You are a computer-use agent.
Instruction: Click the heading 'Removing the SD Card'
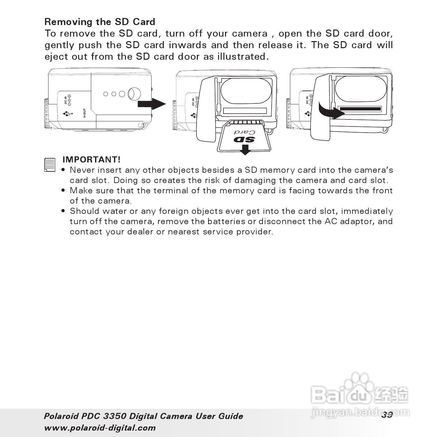(x=100, y=22)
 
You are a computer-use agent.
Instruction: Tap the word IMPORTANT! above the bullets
(x=92, y=160)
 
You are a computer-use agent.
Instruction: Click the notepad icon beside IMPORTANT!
(x=50, y=164)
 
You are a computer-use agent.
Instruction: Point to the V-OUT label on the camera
(x=84, y=113)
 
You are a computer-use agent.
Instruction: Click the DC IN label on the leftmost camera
(x=66, y=100)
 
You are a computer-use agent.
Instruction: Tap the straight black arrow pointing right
(x=152, y=104)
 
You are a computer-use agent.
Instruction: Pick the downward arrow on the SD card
(x=245, y=149)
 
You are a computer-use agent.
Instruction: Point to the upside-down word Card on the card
(x=245, y=132)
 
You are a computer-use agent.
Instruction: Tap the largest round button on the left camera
(x=134, y=94)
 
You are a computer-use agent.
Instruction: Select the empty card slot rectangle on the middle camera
(x=245, y=111)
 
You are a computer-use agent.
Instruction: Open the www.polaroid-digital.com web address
(x=100, y=428)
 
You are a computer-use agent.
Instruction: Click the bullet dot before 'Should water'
(x=63, y=211)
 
